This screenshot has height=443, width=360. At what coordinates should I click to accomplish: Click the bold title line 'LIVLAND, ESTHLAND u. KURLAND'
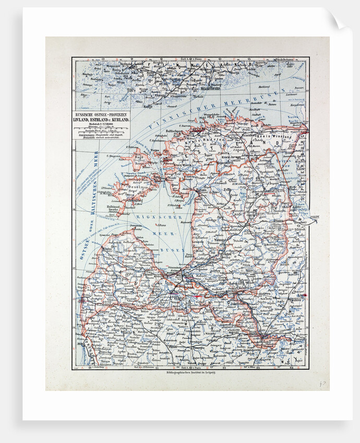(102, 119)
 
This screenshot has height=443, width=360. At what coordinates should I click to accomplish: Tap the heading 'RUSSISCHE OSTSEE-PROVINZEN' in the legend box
(102, 113)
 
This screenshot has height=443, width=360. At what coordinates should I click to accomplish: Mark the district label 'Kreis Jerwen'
(233, 157)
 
